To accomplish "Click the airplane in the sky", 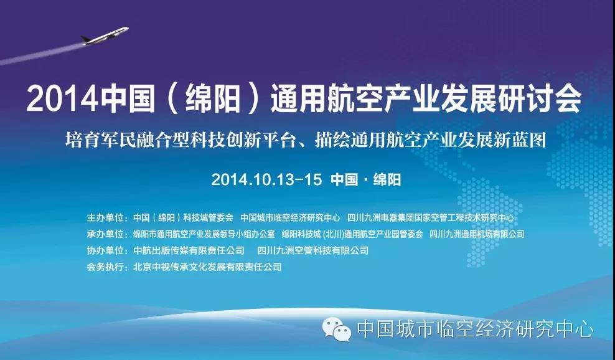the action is [x=105, y=36].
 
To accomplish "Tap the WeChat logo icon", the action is [x=337, y=329].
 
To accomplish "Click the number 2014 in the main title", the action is [x=62, y=98].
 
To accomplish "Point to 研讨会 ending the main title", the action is [x=540, y=98].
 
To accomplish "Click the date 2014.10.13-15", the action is [x=266, y=180].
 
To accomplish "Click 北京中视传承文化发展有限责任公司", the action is [x=207, y=267].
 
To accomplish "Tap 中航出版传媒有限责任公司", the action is [x=189, y=250].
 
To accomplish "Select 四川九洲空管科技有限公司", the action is [x=313, y=250].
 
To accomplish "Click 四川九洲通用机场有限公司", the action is [x=477, y=234].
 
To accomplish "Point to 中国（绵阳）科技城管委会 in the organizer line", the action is [x=183, y=217].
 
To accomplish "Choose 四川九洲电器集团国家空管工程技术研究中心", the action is [x=431, y=217].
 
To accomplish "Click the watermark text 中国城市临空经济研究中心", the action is [x=475, y=329].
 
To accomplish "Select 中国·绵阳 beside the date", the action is [x=365, y=180].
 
